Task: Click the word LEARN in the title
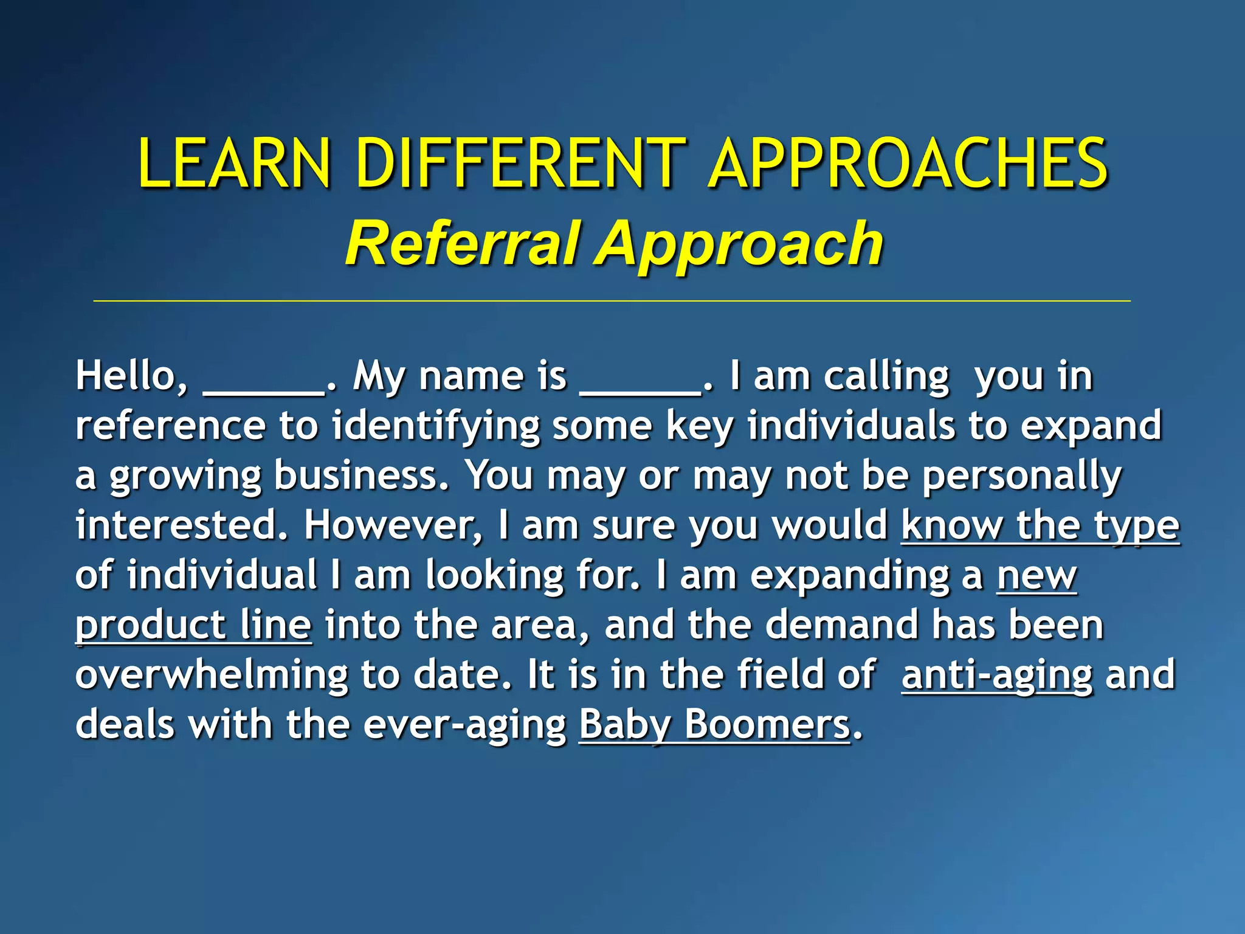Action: tap(234, 163)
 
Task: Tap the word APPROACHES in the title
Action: tap(909, 163)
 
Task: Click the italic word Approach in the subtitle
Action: tap(739, 244)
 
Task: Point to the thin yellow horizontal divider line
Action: tap(611, 301)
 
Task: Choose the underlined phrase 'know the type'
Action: tap(1040, 526)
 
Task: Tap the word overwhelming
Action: tap(212, 675)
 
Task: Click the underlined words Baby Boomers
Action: tap(714, 725)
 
